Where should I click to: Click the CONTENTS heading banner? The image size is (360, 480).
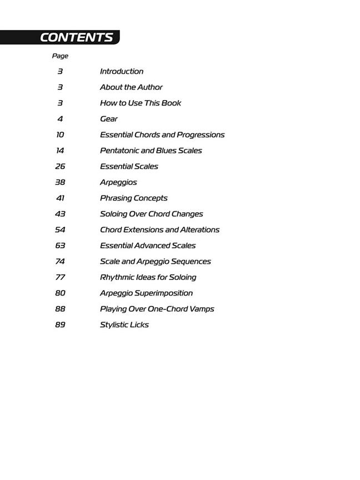(x=76, y=37)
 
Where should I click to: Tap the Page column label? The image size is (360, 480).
(x=60, y=56)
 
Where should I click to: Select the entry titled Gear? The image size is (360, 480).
(x=109, y=119)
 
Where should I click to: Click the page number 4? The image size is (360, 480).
(x=60, y=119)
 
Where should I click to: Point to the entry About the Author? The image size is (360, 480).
(x=131, y=87)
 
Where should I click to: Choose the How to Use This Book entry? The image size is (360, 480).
(x=141, y=103)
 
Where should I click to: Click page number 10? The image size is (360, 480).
(x=60, y=134)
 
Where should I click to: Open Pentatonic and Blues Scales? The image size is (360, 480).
(x=151, y=151)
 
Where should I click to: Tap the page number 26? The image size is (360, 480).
(x=60, y=166)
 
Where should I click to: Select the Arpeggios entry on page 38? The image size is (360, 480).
(x=118, y=182)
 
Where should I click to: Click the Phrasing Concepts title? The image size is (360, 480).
(x=133, y=198)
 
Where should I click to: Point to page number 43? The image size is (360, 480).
(x=60, y=214)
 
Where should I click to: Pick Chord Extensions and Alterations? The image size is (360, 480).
(x=159, y=229)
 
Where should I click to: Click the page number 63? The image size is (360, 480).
(x=60, y=246)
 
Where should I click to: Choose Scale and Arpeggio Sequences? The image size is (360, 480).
(x=156, y=261)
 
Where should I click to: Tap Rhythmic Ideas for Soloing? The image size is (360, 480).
(x=148, y=277)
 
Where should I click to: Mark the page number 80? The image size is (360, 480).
(x=60, y=293)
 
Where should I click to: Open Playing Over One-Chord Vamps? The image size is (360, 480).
(x=157, y=309)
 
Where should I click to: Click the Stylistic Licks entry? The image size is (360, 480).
(x=124, y=324)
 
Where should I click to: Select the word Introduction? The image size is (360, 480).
(x=122, y=71)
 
